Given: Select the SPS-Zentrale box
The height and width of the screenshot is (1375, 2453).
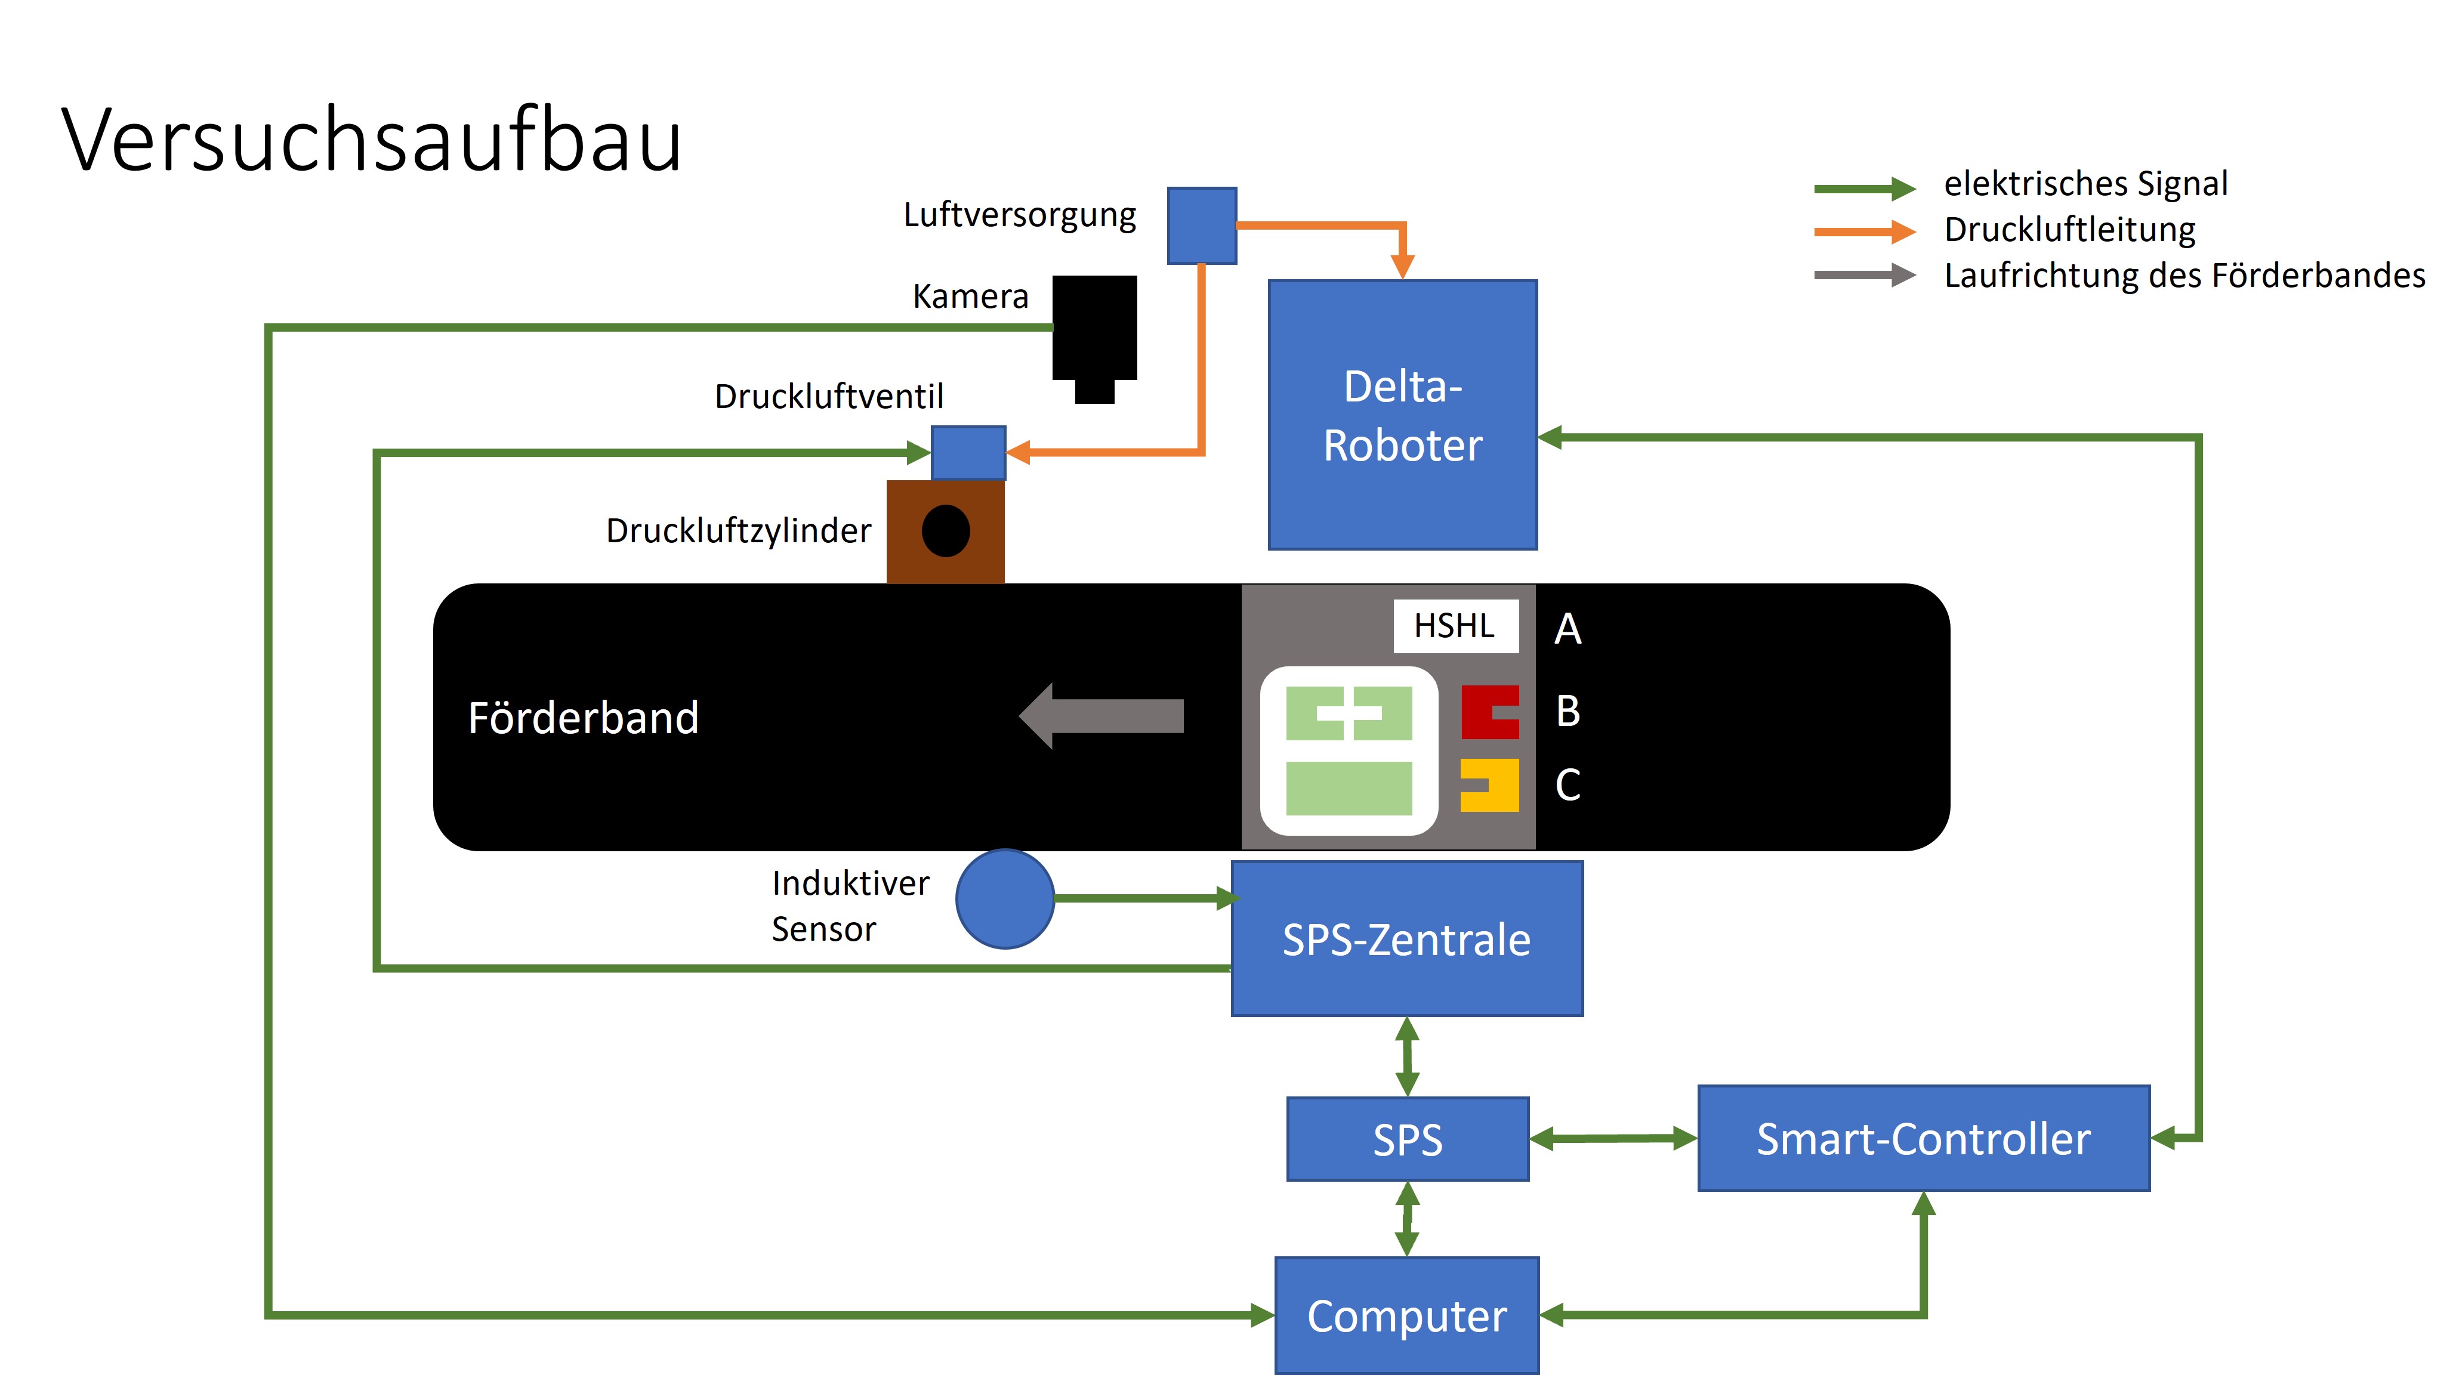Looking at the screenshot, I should coord(1406,939).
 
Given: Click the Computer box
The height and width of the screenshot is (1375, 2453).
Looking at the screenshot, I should coord(1406,1315).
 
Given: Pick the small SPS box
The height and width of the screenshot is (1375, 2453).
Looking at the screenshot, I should coord(1408,1139).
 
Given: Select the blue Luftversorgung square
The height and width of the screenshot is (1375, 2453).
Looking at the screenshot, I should coord(1202,225).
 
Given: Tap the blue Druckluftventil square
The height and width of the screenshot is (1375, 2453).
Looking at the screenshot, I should coord(967,452).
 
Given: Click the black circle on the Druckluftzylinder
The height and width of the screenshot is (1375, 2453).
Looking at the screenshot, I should coord(946,530).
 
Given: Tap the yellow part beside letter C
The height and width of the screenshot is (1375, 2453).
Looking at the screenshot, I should coord(1491,784).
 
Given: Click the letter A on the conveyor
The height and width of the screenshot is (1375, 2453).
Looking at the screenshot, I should coord(1568,629).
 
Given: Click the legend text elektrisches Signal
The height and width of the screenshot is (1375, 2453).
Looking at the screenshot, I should coord(2085,183).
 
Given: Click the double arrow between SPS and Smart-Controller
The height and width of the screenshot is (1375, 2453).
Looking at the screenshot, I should coord(1613,1138).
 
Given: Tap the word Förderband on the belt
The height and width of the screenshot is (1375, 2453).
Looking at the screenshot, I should coord(583,717).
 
